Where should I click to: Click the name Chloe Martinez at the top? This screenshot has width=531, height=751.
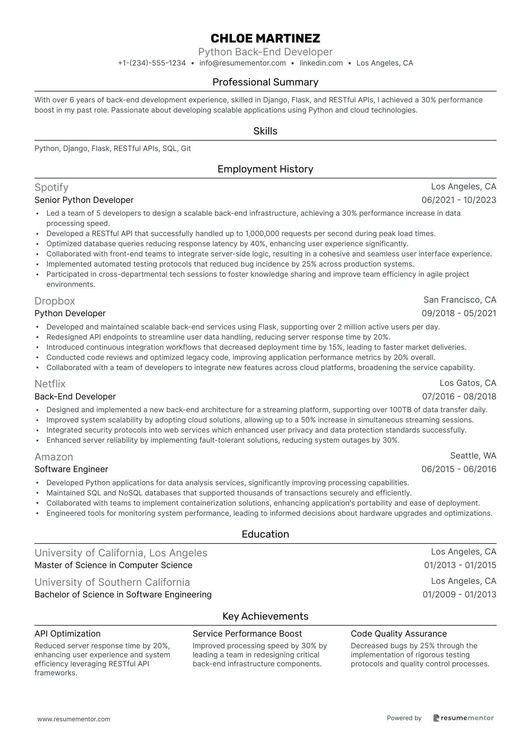(x=265, y=38)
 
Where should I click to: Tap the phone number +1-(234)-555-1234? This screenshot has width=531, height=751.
(x=152, y=63)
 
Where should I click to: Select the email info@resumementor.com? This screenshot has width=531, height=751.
(x=243, y=63)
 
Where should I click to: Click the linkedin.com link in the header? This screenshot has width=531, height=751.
(x=321, y=63)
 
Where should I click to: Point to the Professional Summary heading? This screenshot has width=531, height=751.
(x=265, y=82)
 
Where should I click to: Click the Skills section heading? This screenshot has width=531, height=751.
(x=265, y=131)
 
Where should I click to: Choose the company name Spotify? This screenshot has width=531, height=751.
(x=51, y=187)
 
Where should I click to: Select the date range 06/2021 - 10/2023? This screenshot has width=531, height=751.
(x=459, y=200)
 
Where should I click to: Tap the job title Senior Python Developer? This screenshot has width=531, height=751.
(x=84, y=200)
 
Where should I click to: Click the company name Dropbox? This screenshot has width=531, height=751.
(x=55, y=301)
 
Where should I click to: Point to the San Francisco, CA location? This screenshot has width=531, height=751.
(x=459, y=300)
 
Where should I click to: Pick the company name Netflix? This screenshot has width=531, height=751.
(x=50, y=384)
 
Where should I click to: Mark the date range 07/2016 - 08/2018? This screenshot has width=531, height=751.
(x=459, y=396)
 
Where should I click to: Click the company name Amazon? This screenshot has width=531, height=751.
(x=53, y=457)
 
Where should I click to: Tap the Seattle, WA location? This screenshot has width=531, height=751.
(x=473, y=455)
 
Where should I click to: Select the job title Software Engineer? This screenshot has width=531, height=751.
(x=71, y=469)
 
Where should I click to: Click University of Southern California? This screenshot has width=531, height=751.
(x=112, y=582)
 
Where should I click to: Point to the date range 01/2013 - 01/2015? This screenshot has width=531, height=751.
(x=460, y=565)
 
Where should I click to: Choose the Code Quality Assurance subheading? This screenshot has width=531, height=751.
(x=398, y=634)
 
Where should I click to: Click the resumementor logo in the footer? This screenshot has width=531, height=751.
(x=463, y=718)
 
